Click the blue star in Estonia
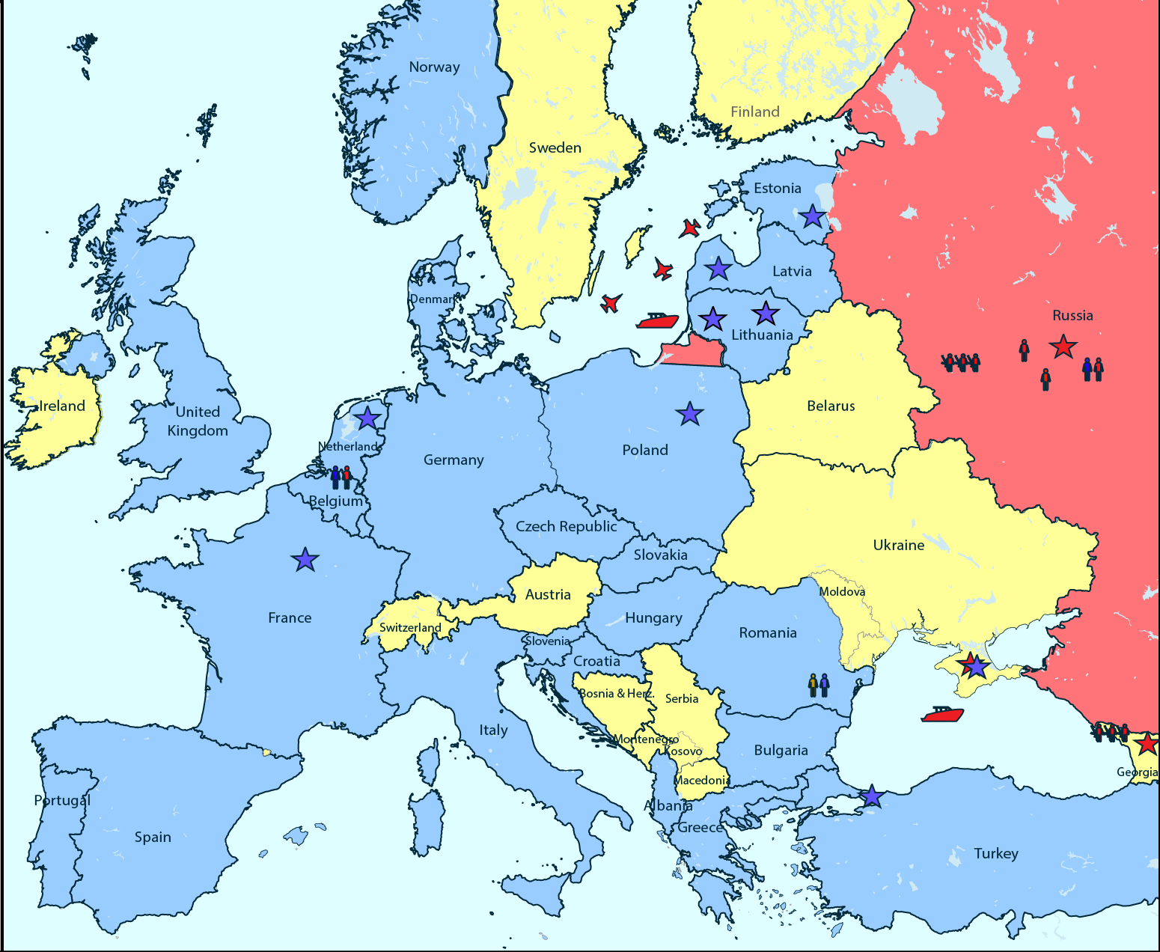[x=812, y=217]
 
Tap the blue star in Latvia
[x=718, y=268]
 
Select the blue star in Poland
[x=689, y=413]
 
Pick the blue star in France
[x=305, y=559]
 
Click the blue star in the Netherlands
[x=367, y=418]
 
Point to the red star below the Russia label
[x=1063, y=347]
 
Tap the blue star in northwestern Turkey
[x=871, y=796]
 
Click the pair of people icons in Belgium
[x=341, y=477]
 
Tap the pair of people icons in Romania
[x=819, y=685]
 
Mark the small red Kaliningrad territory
[x=695, y=353]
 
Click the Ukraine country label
[x=898, y=545]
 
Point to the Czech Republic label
[x=566, y=526]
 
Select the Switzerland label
[x=410, y=627]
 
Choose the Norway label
[x=434, y=67]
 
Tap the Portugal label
[x=62, y=800]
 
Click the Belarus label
[x=831, y=406]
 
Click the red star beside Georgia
[x=1146, y=744]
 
